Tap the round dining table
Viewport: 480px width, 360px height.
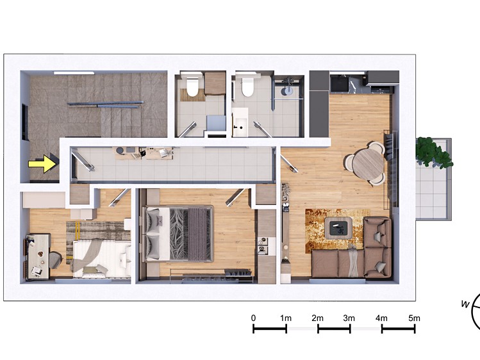368,163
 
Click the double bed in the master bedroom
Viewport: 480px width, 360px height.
177,234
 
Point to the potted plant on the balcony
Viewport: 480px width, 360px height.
432,152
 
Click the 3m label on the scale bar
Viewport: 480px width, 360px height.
349,318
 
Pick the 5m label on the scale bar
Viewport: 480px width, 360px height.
414,318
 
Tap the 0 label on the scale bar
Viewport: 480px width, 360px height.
253,318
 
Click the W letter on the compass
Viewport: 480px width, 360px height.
465,304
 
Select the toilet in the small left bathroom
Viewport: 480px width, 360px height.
192,87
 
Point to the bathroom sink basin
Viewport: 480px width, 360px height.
240,122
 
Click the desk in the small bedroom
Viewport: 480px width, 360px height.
38,256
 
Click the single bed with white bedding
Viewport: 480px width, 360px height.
101,259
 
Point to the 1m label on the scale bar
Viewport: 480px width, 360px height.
286,318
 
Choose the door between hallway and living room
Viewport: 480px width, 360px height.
288,164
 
